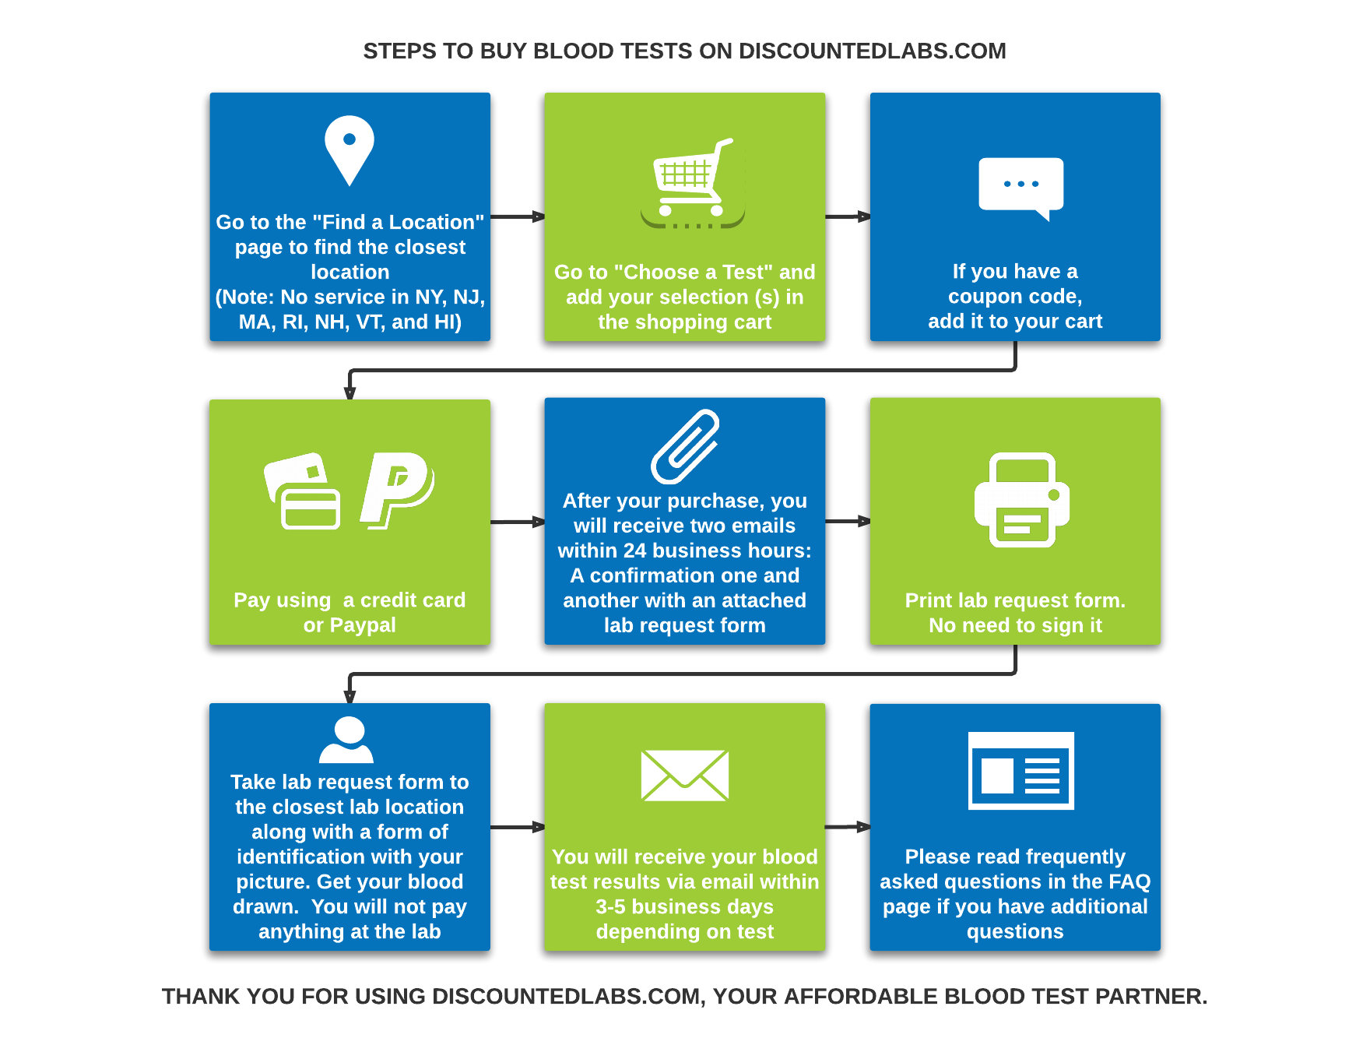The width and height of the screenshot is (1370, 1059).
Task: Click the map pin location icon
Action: pos(350,150)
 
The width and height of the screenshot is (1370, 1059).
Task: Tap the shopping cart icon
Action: pos(692,184)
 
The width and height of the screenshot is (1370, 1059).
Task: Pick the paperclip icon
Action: pos(685,446)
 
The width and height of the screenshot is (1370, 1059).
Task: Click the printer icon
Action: pos(1022,500)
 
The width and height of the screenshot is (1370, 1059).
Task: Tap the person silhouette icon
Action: pos(347,740)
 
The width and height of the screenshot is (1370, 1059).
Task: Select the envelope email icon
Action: pos(684,775)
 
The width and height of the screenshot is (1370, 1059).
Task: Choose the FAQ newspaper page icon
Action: pos(1020,770)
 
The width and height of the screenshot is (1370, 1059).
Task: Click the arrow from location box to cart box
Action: pos(518,216)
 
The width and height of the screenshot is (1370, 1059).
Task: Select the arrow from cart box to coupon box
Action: pos(848,216)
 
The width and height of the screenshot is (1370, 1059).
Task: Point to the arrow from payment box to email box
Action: pos(518,522)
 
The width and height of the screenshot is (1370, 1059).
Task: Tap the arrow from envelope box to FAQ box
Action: pos(848,827)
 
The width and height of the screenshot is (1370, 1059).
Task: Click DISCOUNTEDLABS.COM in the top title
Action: pos(872,51)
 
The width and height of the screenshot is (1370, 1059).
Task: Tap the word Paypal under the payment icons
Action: pos(363,625)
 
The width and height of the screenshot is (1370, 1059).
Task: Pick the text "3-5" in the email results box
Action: pos(610,907)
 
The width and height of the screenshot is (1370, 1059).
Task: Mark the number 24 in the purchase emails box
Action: pos(634,551)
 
